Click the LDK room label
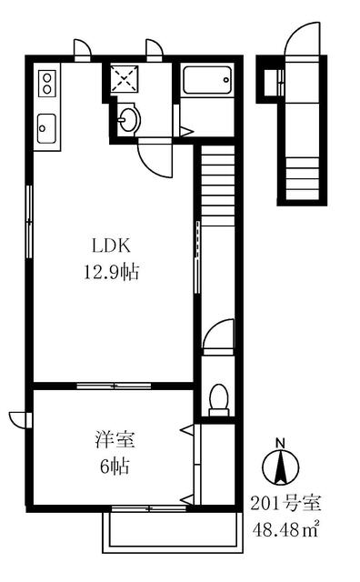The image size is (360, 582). point(111,246)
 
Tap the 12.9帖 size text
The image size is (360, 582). point(111,273)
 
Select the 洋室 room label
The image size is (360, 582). point(115,439)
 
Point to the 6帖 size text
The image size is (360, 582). point(115,467)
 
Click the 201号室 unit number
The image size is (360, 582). point(285,503)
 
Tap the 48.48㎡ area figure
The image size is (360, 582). point(285,529)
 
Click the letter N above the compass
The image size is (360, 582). point(280,443)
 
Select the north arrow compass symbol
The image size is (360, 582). point(281,467)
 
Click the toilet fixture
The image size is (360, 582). point(218,401)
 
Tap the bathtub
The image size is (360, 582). point(208,80)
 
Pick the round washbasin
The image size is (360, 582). point(129,119)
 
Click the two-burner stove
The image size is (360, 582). point(47,84)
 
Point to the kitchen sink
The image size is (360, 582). point(47,128)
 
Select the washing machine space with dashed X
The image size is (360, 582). point(125,78)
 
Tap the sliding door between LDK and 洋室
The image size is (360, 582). point(114,386)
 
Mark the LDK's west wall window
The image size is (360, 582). point(29,222)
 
